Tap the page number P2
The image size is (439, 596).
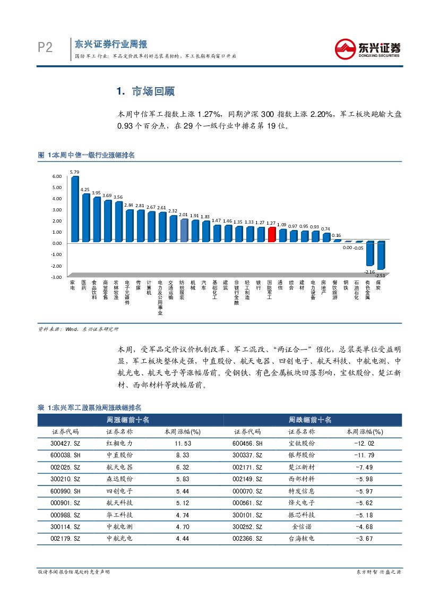[x=45, y=48]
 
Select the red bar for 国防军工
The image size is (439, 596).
[x=271, y=234]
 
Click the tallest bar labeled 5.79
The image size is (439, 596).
[x=74, y=209]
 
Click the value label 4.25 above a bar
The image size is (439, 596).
[x=85, y=190]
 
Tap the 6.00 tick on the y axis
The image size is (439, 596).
[x=57, y=176]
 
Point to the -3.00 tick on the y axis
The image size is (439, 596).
[x=56, y=277]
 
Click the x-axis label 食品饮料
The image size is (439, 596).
[x=94, y=290]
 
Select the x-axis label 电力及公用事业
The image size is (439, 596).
[x=160, y=297]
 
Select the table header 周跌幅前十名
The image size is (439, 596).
[x=309, y=420]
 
